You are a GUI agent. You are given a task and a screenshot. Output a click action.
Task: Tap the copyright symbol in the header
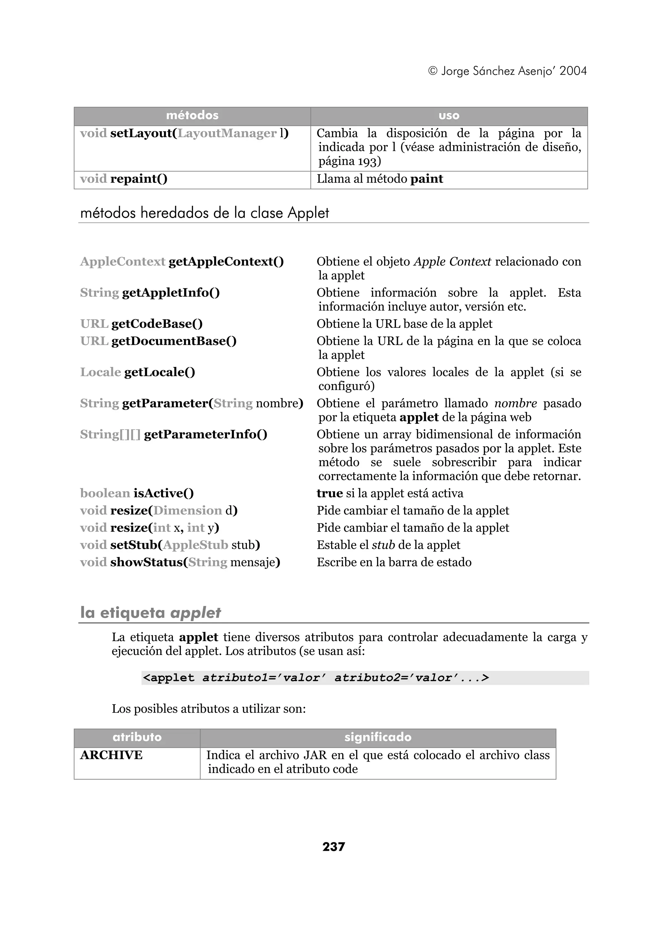(433, 71)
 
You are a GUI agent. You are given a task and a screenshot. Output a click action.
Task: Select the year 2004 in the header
(573, 71)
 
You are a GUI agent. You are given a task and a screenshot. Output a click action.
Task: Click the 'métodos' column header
(192, 116)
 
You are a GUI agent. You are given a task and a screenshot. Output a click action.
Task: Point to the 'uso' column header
(449, 116)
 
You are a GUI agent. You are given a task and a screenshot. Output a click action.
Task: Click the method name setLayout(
(144, 133)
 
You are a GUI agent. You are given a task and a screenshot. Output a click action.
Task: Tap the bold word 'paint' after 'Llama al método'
(426, 179)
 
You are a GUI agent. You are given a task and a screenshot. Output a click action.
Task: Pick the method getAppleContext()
(226, 262)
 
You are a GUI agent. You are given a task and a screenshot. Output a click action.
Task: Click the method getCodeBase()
(157, 324)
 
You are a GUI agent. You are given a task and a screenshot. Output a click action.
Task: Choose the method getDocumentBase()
(174, 341)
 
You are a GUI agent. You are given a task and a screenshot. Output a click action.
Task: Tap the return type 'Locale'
(100, 372)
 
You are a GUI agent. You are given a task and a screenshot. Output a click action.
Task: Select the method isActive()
(164, 493)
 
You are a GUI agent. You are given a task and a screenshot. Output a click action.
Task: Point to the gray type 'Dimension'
(187, 510)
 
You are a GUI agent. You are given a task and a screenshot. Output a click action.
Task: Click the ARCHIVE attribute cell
(111, 755)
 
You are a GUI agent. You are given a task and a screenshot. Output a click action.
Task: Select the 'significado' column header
(378, 737)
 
